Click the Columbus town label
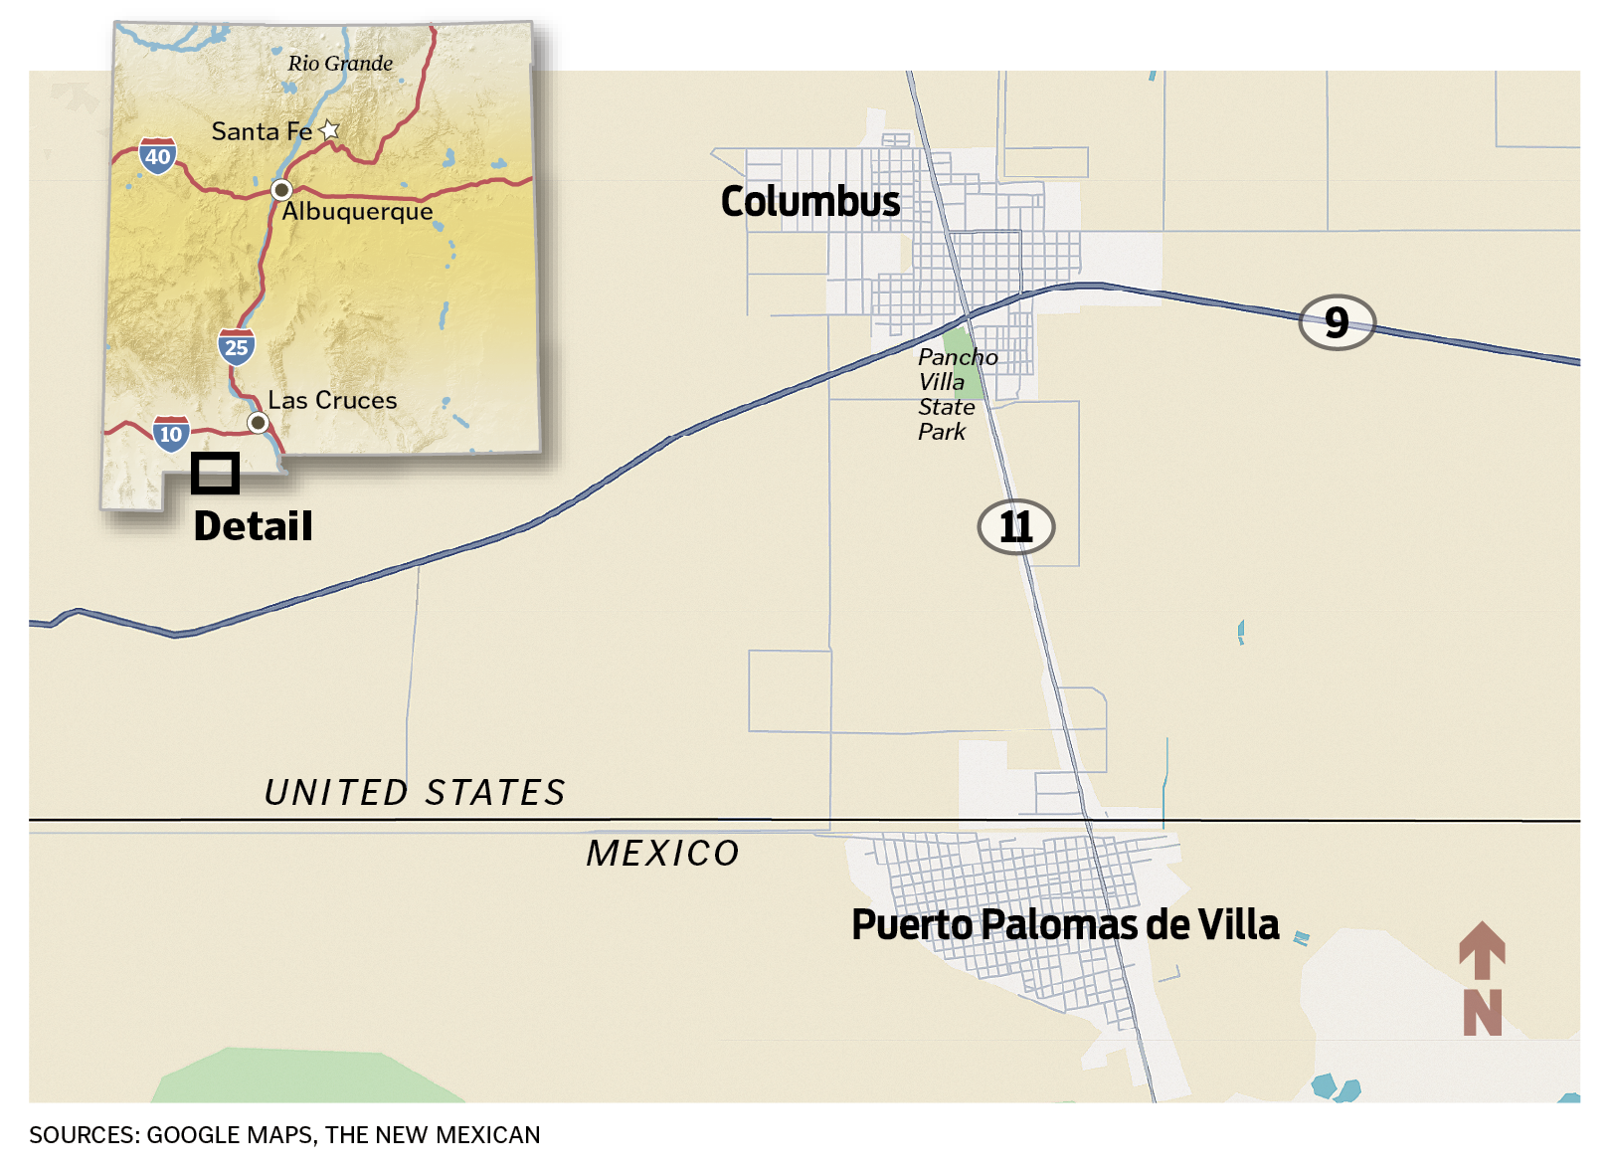[x=809, y=202]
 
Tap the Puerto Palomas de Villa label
[x=1064, y=924]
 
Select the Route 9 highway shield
[x=1337, y=322]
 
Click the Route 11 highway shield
[x=1015, y=526]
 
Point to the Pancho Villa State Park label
[x=955, y=394]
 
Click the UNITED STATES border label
[x=414, y=793]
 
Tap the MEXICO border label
[x=662, y=854]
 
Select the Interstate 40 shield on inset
[x=157, y=156]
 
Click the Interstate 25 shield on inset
[x=236, y=347]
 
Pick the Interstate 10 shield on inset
[x=171, y=434]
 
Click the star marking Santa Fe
[x=329, y=130]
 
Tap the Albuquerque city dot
[x=281, y=189]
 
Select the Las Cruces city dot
[x=258, y=423]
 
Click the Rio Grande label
[x=340, y=64]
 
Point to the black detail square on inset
[x=215, y=474]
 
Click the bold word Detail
[x=253, y=526]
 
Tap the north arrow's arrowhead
[x=1482, y=942]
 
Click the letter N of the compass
[x=1482, y=1013]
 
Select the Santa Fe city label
[x=262, y=131]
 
